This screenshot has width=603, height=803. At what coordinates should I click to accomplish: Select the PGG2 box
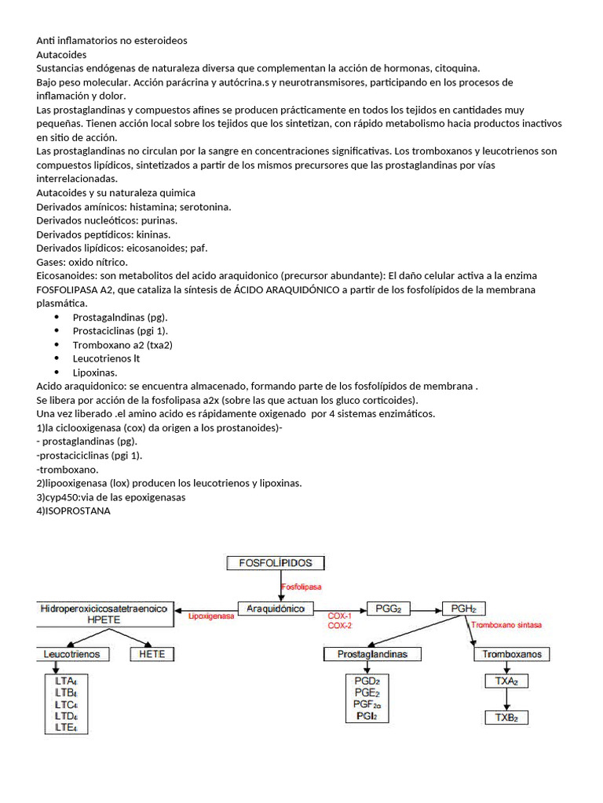pyautogui.click(x=389, y=609)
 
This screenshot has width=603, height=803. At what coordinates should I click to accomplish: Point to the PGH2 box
pyautogui.click(x=464, y=609)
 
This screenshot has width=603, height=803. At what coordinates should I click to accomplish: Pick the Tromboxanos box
pyautogui.click(x=512, y=654)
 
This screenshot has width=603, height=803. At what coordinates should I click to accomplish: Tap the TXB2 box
pyautogui.click(x=506, y=717)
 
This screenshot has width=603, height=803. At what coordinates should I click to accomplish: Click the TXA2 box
pyautogui.click(x=506, y=681)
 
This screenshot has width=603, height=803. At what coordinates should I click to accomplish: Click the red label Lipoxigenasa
pyautogui.click(x=211, y=617)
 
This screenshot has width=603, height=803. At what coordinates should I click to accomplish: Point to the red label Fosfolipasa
pyautogui.click(x=301, y=586)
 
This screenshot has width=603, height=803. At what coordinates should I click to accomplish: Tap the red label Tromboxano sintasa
pyautogui.click(x=506, y=625)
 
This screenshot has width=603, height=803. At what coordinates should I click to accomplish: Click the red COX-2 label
pyautogui.click(x=339, y=626)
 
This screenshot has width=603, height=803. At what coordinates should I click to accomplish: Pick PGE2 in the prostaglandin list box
pyautogui.click(x=367, y=692)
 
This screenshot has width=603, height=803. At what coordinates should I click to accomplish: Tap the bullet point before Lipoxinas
pyautogui.click(x=57, y=372)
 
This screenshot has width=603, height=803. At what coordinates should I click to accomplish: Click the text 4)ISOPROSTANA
pyautogui.click(x=74, y=511)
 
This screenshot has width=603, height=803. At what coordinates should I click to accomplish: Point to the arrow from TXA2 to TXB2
pyautogui.click(x=506, y=699)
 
